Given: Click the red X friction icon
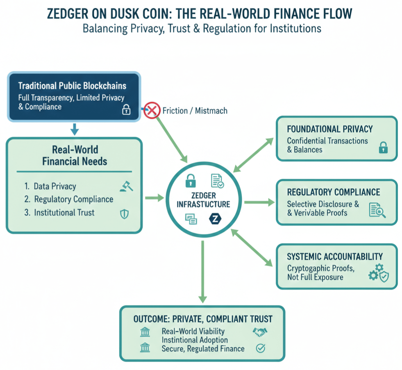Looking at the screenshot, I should click(152, 110).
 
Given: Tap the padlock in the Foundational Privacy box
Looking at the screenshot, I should click(383, 148).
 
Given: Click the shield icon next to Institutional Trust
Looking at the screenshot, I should click(124, 213).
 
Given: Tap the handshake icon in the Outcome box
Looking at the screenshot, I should click(260, 331).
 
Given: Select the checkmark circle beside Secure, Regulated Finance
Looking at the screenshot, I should click(260, 348).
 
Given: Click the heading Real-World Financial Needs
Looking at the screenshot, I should click(75, 155).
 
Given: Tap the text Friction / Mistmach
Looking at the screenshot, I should click(195, 110).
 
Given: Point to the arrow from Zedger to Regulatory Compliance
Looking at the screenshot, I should click(259, 202).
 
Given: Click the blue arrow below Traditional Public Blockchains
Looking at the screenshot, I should click(74, 130).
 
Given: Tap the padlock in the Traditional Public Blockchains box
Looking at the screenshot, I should click(126, 109).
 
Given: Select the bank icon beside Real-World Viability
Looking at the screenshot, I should click(145, 331).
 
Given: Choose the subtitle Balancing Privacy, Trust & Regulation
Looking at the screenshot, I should click(202, 29).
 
